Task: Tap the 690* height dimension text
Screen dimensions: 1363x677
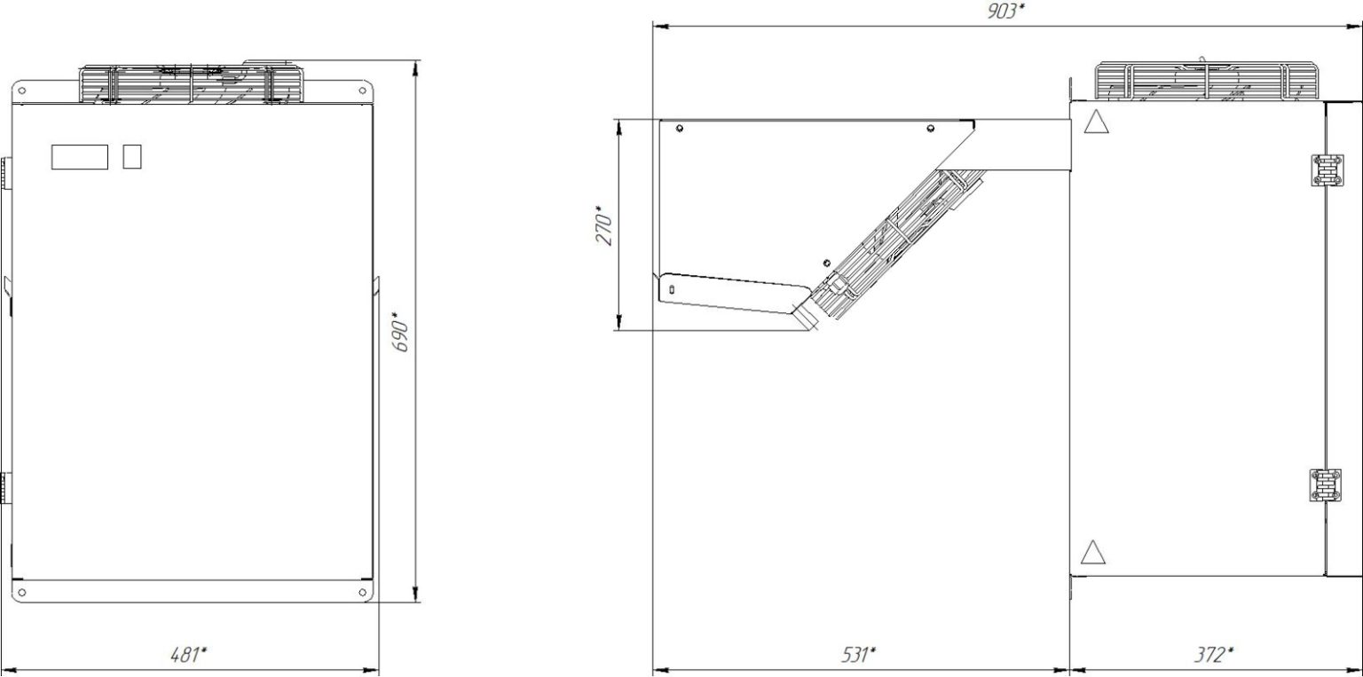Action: point(401,332)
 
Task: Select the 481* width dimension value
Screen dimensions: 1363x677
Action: point(188,655)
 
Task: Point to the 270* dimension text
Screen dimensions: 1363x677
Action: point(605,225)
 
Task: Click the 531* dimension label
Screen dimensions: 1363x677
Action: point(859,655)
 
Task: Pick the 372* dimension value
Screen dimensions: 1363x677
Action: point(1214,655)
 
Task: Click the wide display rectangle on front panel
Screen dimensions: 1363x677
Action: point(80,157)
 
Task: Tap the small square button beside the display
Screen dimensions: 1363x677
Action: point(132,156)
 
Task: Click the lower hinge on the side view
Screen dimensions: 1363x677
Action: point(1325,484)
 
